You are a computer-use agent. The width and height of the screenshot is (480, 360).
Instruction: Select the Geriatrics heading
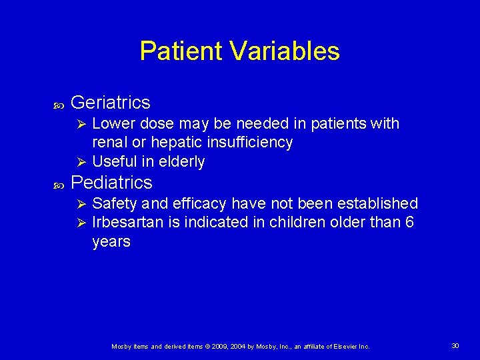coord(110,103)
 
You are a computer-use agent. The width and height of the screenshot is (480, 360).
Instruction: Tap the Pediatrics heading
coord(111,182)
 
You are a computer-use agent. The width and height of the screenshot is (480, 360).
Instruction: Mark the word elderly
coord(181,162)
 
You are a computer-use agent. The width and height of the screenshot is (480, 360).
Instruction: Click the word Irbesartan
coord(127,222)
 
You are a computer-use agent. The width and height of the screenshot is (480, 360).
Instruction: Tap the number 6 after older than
coord(409,222)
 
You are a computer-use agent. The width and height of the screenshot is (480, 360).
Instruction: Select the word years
coord(111,241)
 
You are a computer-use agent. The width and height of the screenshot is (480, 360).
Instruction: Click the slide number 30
coord(455,345)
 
